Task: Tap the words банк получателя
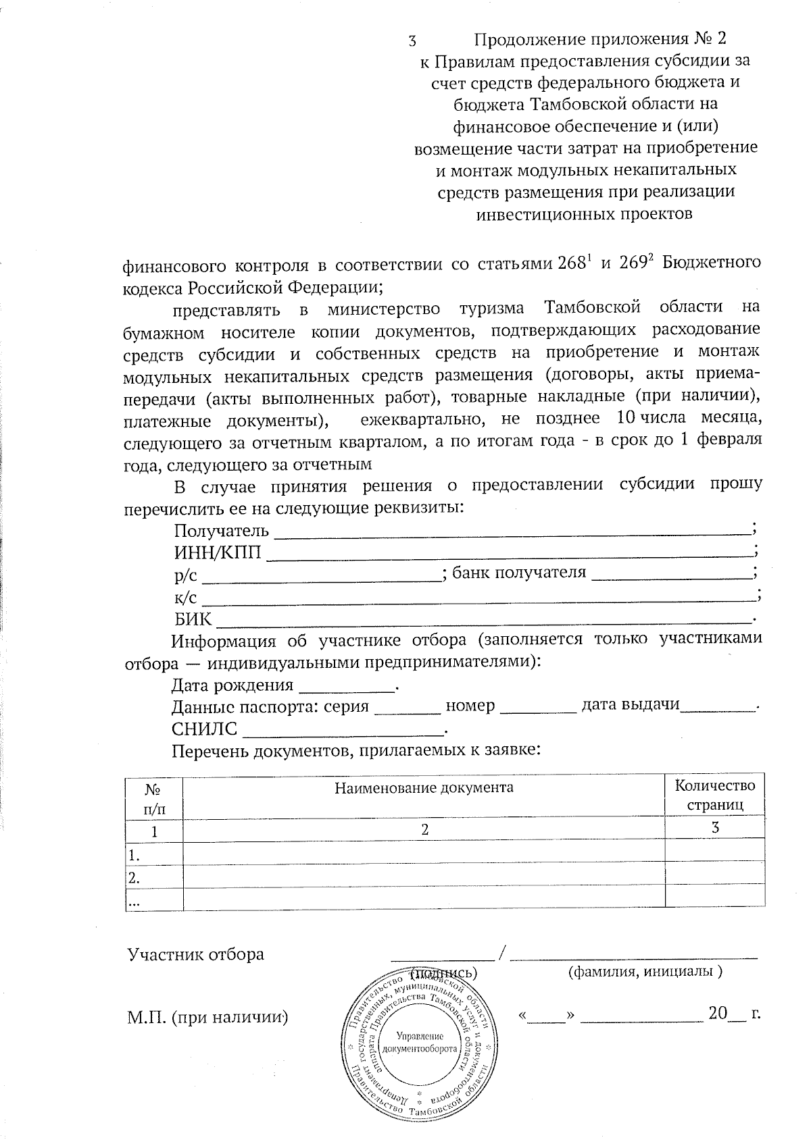518,573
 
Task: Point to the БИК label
193,619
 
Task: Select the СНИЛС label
204,729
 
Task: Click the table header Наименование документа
424,787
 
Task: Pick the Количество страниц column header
715,795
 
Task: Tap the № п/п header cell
154,798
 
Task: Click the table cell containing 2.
424,831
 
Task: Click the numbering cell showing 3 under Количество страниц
715,829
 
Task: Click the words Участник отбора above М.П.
196,955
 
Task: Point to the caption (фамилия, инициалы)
645,972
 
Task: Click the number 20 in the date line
716,1014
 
